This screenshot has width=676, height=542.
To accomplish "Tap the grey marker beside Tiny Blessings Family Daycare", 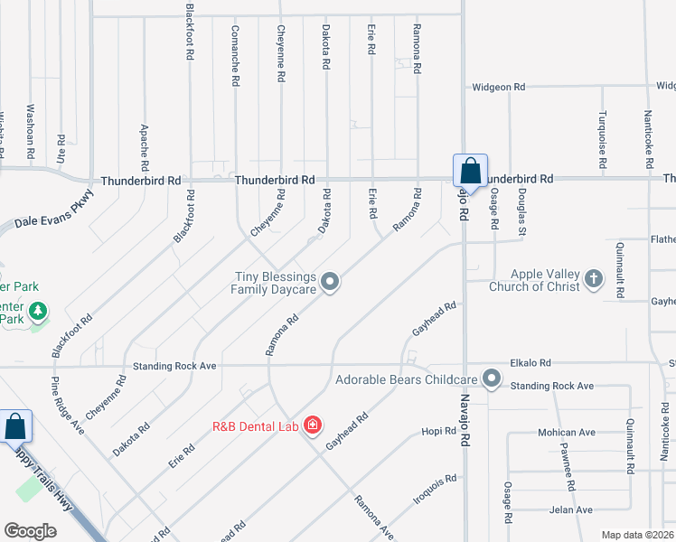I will [331, 282].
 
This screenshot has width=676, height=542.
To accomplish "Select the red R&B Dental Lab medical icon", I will [313, 425].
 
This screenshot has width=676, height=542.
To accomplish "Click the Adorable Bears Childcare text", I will [406, 379].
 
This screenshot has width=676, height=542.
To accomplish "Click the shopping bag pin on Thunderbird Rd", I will [470, 170].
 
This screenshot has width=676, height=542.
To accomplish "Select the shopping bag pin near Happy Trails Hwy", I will [16, 426].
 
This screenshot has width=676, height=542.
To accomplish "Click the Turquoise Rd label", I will [602, 140].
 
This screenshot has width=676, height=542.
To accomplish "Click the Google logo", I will [30, 531].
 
